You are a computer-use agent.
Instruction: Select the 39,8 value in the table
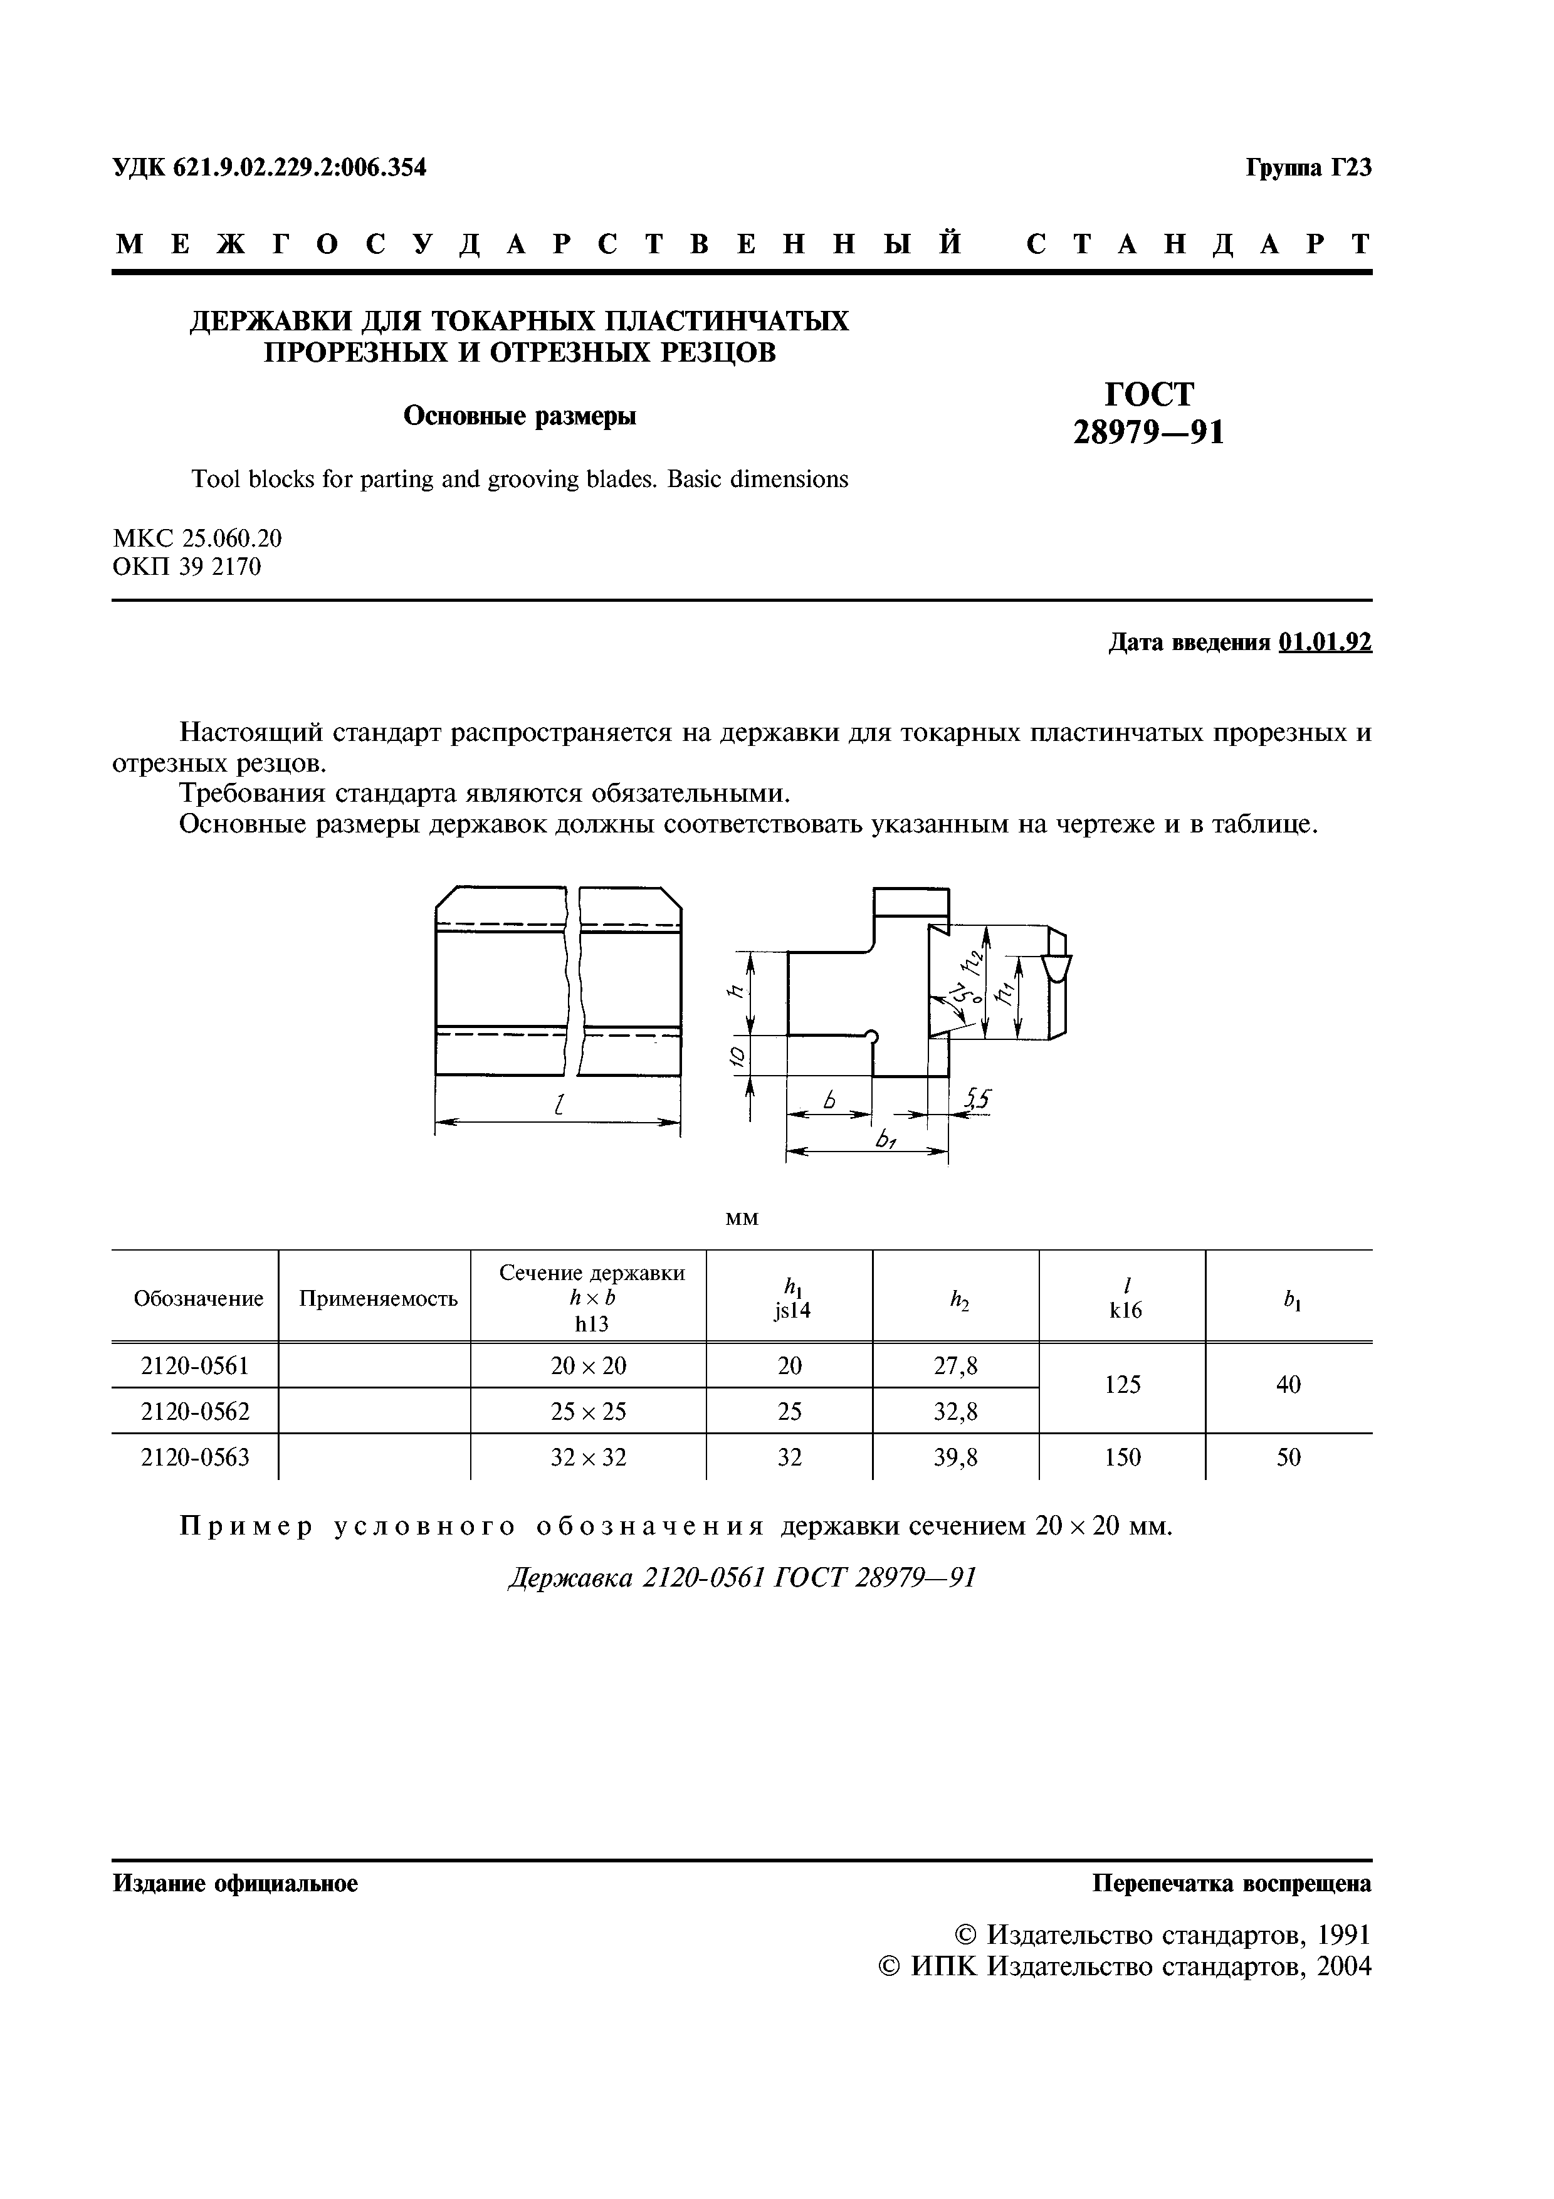(955, 1457)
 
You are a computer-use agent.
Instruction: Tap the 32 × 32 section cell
(588, 1457)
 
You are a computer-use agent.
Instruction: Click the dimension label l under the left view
(557, 1105)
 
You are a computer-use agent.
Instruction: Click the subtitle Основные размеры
(519, 416)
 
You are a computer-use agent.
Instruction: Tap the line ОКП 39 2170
(187, 567)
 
